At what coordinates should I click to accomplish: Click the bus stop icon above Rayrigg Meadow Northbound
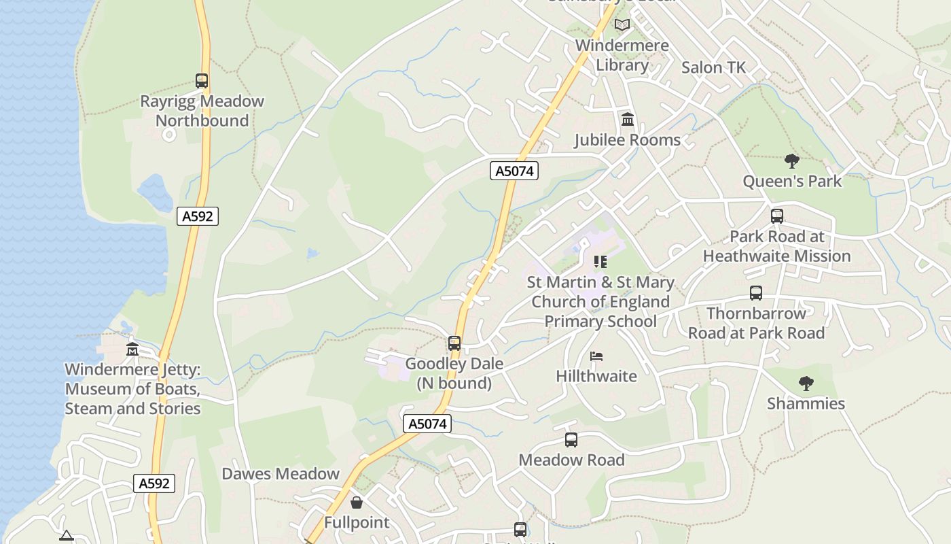202,81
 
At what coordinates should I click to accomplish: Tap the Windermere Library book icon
622,25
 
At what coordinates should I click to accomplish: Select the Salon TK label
713,67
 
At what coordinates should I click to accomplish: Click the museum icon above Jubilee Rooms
628,120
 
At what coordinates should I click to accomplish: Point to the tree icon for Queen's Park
791,161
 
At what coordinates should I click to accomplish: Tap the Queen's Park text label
791,182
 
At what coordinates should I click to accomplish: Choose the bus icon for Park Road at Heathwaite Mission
777,216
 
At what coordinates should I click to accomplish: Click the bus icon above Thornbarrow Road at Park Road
756,293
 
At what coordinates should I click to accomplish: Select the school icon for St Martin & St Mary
600,262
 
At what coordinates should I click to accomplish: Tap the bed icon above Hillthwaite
596,356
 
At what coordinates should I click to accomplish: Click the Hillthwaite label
596,376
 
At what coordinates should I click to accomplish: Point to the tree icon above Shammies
806,384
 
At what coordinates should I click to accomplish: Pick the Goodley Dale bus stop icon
454,343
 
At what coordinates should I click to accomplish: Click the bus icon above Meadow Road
571,440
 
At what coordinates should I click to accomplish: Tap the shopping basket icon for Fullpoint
357,503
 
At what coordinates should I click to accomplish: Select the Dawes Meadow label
281,474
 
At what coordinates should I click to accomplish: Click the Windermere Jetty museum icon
132,350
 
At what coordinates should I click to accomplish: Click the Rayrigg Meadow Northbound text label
202,111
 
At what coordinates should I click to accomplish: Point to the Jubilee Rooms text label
627,140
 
